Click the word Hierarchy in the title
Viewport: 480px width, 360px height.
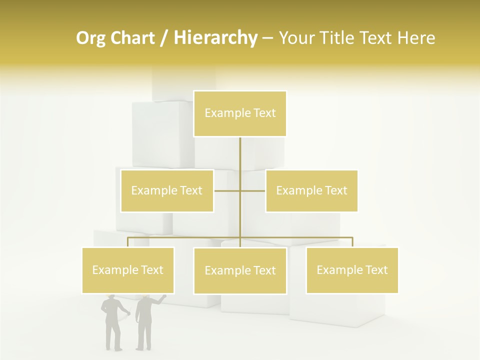(x=215, y=38)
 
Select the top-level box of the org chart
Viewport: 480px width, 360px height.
(x=240, y=113)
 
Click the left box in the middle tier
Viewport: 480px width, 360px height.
(x=167, y=190)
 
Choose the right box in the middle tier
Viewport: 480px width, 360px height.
(x=311, y=190)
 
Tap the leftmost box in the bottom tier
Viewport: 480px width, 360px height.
(x=128, y=270)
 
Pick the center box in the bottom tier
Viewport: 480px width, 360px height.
(x=240, y=270)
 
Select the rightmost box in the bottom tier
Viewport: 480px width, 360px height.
(x=352, y=270)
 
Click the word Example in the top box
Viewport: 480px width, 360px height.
(x=222, y=113)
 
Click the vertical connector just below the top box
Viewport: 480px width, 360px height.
(x=240, y=150)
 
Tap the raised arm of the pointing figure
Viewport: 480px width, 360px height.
(x=158, y=299)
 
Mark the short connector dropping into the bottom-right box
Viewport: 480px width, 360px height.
(x=352, y=242)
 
